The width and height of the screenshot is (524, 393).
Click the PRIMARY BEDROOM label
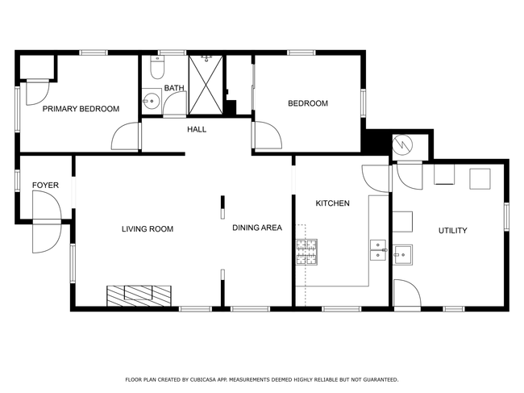click(81, 109)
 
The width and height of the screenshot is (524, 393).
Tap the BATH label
click(174, 88)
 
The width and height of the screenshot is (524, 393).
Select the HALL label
click(197, 129)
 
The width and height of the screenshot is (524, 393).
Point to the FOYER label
click(45, 186)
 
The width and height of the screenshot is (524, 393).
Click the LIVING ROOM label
click(148, 229)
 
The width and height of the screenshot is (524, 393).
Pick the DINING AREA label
click(257, 228)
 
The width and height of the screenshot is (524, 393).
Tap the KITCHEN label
click(332, 203)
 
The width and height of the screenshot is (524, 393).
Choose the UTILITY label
click(453, 231)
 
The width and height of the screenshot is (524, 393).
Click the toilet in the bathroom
click(157, 67)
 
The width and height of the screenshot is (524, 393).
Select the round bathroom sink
click(152, 100)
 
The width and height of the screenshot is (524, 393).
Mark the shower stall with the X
click(206, 85)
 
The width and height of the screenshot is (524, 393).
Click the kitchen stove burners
click(306, 252)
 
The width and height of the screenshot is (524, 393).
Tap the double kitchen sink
click(378, 250)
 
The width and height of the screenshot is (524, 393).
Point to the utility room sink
click(403, 255)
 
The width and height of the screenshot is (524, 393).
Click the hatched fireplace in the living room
click(139, 295)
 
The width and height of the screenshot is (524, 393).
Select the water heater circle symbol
click(402, 145)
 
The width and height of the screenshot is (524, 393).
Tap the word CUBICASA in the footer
click(203, 379)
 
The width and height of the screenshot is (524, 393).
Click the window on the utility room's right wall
click(506, 217)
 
